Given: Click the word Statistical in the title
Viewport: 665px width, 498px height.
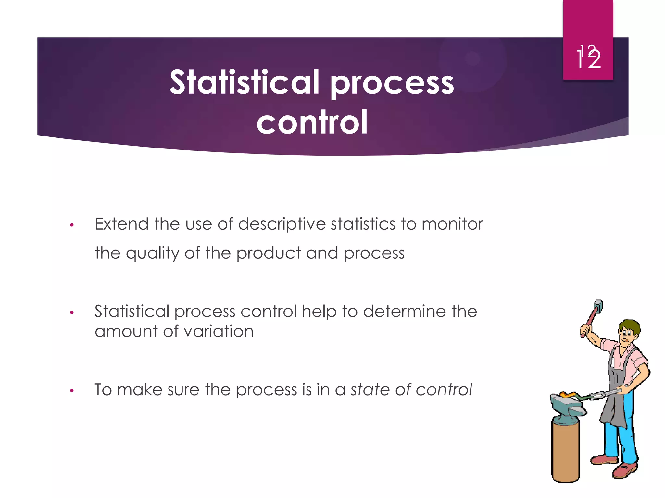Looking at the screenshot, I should click(x=244, y=83).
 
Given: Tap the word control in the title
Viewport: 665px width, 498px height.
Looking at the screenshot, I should click(x=312, y=122).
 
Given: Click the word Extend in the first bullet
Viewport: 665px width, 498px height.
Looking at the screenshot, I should click(x=121, y=224).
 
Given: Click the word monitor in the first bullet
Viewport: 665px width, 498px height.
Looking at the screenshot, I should click(x=452, y=224).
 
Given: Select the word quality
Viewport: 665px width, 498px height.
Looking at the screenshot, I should click(x=152, y=253).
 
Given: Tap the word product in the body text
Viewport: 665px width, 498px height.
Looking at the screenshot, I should click(x=269, y=253).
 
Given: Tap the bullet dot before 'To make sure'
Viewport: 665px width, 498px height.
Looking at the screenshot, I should click(x=72, y=391).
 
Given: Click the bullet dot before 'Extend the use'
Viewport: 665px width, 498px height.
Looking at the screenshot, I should click(x=72, y=225).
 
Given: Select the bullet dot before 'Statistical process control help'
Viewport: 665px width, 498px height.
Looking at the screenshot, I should click(x=72, y=313).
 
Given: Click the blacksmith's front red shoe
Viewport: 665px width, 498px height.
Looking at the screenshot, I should click(x=625, y=470).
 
